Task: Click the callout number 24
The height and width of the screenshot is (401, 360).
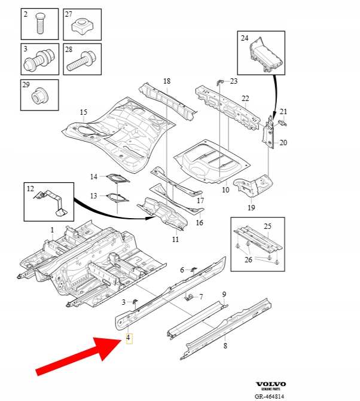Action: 244,38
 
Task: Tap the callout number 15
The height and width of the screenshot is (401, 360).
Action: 83,112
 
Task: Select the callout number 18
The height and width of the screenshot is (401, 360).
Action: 167,81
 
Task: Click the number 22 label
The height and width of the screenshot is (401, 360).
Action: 245,99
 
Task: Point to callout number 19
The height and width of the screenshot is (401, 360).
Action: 251,208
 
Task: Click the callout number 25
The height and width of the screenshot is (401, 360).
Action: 267,226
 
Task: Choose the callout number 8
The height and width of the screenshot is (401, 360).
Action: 225,345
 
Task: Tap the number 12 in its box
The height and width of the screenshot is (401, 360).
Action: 30,189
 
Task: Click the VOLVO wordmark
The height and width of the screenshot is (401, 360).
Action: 271,384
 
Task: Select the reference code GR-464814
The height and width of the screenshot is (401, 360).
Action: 270,396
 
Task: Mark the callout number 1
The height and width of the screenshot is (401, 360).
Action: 52,229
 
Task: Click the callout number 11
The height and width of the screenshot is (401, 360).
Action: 175,239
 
